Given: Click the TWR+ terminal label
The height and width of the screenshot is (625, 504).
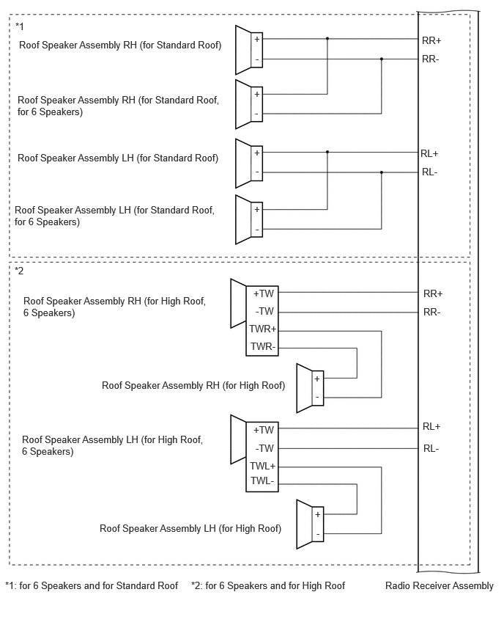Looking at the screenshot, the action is pyautogui.click(x=263, y=329).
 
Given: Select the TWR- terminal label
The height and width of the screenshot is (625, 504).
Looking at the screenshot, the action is pyautogui.click(x=263, y=346).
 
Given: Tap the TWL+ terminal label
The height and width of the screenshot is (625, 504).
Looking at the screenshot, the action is pyautogui.click(x=263, y=466).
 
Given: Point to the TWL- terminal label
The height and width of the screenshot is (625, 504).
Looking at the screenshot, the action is pyautogui.click(x=262, y=480).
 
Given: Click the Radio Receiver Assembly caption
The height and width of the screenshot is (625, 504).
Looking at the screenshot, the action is pyautogui.click(x=439, y=585).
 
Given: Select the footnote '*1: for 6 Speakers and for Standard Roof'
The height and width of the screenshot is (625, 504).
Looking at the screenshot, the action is pyautogui.click(x=92, y=585).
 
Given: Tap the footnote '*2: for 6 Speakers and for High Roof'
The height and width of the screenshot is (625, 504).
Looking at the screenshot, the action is pyautogui.click(x=268, y=585).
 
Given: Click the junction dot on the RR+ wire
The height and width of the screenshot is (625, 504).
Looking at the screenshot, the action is pyautogui.click(x=327, y=39).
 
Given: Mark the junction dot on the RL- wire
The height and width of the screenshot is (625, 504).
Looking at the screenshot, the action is pyautogui.click(x=382, y=172).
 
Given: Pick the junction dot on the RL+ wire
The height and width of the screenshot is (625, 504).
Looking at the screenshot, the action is pyautogui.click(x=327, y=152).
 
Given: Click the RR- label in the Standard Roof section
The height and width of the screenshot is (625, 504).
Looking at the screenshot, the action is pyautogui.click(x=430, y=59).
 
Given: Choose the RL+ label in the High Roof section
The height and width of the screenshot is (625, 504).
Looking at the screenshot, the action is pyautogui.click(x=431, y=426).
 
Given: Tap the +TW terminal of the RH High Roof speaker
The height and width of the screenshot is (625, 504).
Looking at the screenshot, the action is pyautogui.click(x=264, y=293).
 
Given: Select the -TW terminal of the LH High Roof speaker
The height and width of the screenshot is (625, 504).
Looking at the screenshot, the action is pyautogui.click(x=264, y=448).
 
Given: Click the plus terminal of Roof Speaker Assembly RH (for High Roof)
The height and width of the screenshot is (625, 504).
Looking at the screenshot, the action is pyautogui.click(x=317, y=379).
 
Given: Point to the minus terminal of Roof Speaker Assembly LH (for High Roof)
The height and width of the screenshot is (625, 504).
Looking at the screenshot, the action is pyautogui.click(x=318, y=534).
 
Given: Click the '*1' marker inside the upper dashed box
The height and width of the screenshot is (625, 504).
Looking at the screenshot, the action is pyautogui.click(x=20, y=26).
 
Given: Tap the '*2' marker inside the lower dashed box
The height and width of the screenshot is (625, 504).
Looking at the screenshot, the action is pyautogui.click(x=19, y=271).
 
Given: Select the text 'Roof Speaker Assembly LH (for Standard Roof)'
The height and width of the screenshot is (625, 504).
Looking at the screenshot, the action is pyautogui.click(x=118, y=158).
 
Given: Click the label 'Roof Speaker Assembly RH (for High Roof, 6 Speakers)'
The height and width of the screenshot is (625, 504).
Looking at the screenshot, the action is pyautogui.click(x=115, y=307).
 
